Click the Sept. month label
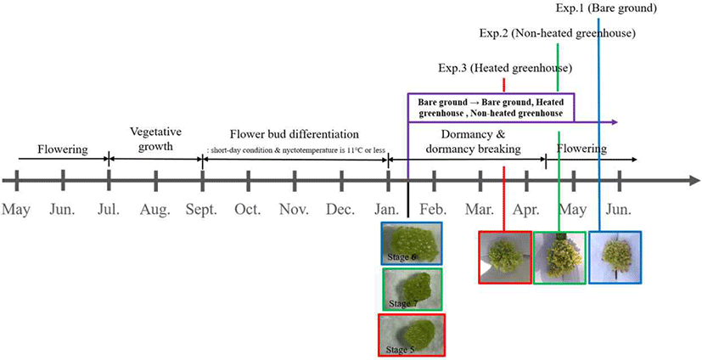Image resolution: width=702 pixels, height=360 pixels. coord(202,209)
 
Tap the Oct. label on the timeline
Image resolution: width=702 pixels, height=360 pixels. coord(248,209)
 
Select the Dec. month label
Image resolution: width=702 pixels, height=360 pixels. coord(340,209)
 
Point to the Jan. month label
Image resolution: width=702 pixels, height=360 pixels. coord(387,209)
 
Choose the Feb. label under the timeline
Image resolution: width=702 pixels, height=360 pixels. coord(434,209)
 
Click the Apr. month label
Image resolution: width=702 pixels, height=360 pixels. coord(526,209)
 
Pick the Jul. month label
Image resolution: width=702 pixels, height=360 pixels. coord(109,209)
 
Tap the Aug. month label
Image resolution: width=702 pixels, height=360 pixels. coord(155,209)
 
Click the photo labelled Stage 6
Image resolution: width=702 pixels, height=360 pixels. coord(412,243)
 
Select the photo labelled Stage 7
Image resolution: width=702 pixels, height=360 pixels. coord(413,290)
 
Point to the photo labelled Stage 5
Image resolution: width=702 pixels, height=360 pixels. coord(412,335)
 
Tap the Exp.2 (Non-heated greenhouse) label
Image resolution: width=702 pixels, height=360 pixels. coord(558,33)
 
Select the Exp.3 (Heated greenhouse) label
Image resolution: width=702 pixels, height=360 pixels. coord(505,69)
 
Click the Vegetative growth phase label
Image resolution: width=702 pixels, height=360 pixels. coord(156,139)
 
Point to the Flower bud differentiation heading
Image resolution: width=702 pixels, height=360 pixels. coord(295,134)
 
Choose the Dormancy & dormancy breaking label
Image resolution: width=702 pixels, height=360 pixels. coord(473,142)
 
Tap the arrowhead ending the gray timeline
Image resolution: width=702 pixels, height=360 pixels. coord(695,181)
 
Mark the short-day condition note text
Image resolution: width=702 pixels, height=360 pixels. coord(295,150)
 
